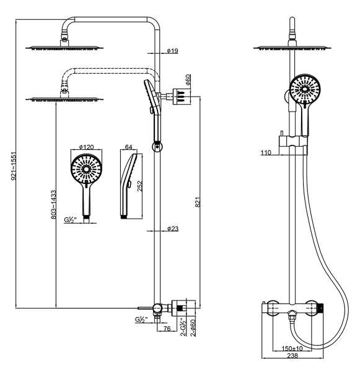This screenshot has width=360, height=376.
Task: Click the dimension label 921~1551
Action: pyautogui.click(x=14, y=166)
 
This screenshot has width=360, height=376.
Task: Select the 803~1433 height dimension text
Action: pyautogui.click(x=53, y=204)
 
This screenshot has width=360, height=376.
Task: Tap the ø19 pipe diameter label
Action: pyautogui.click(x=173, y=51)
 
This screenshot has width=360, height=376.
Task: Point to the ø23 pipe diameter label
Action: pyautogui.click(x=173, y=229)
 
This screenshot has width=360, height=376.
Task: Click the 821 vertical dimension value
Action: pyautogui.click(x=198, y=202)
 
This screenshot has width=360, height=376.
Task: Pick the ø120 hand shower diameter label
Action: pyautogui.click(x=86, y=147)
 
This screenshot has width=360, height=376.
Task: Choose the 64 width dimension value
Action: pyautogui.click(x=128, y=147)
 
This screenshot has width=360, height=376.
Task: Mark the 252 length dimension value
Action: pyautogui.click(x=139, y=186)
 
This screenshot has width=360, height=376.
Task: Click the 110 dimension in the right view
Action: pyautogui.click(x=265, y=152)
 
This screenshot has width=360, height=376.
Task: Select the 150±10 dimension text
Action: pyautogui.click(x=292, y=348)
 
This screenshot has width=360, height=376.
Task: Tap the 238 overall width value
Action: pyautogui.click(x=292, y=355)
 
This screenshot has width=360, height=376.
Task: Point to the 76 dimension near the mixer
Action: pyautogui.click(x=167, y=328)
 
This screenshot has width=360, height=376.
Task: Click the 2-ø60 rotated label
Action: pyautogui.click(x=193, y=328)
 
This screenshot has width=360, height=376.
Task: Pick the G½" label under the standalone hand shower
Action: pyautogui.click(x=70, y=219)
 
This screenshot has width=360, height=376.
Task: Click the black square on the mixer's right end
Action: pyautogui.click(x=321, y=308)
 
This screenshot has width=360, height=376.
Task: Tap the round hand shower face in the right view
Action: pyautogui.click(x=305, y=89)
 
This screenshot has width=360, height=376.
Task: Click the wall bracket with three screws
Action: pyautogui.click(x=182, y=97)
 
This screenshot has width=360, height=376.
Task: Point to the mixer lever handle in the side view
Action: pyautogui.click(x=146, y=307)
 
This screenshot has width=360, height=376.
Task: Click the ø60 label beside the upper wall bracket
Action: pyautogui.click(x=188, y=79)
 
